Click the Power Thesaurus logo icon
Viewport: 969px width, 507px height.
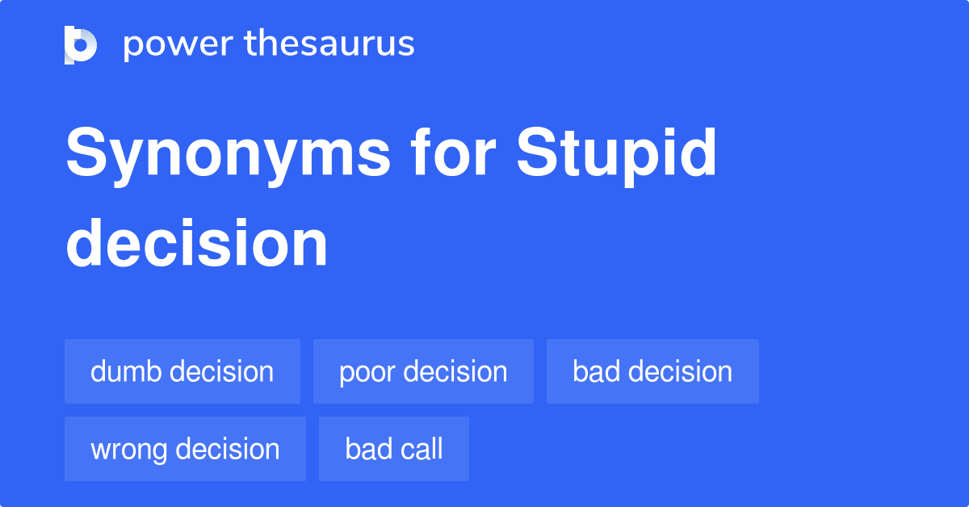point(81,44)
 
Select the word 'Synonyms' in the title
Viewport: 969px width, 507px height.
point(228,155)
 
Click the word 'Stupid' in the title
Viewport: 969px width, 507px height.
point(617,155)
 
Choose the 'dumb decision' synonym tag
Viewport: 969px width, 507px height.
point(182,371)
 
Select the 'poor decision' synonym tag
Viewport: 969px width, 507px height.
point(423,371)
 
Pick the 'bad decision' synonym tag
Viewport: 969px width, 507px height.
point(652,371)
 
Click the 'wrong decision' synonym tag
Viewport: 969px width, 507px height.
point(185,449)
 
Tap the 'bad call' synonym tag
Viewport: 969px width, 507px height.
point(394,449)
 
